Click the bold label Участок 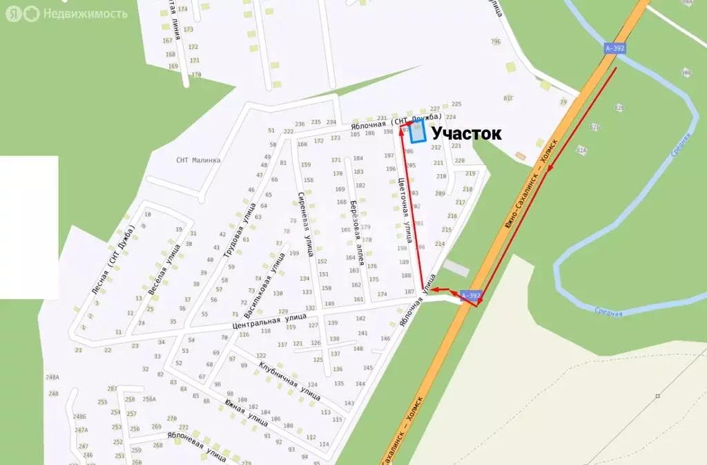pyautogui.click(x=466, y=134)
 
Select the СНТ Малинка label pyautogui.click(x=198, y=160)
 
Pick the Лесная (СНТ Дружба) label pyautogui.click(x=114, y=259)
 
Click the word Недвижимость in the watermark pyautogui.click(x=85, y=13)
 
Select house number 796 pyautogui.click(x=495, y=42)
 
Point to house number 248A pyautogui.click(x=52, y=377)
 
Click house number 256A pyautogui.click(x=149, y=399)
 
